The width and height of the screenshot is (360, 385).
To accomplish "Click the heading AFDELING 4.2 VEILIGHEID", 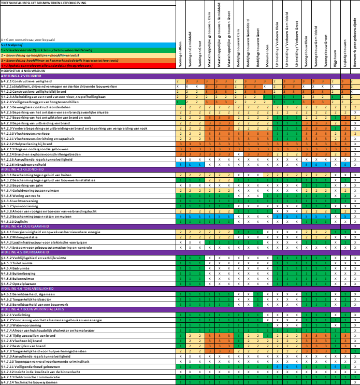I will (21, 76).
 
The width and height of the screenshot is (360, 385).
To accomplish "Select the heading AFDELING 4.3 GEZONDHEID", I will (22, 169).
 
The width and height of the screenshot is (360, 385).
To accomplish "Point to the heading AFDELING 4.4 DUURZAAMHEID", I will (24, 226).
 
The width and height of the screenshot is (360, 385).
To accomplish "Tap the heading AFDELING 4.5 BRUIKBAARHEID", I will (25, 252).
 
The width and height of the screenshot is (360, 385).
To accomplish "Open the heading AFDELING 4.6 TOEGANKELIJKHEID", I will (27, 289).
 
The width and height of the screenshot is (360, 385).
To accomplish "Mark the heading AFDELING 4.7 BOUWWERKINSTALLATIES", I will (32, 309).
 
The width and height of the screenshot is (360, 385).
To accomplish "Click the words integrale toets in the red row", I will (80, 66).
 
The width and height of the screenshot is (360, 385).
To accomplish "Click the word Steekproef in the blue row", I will (11, 45).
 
